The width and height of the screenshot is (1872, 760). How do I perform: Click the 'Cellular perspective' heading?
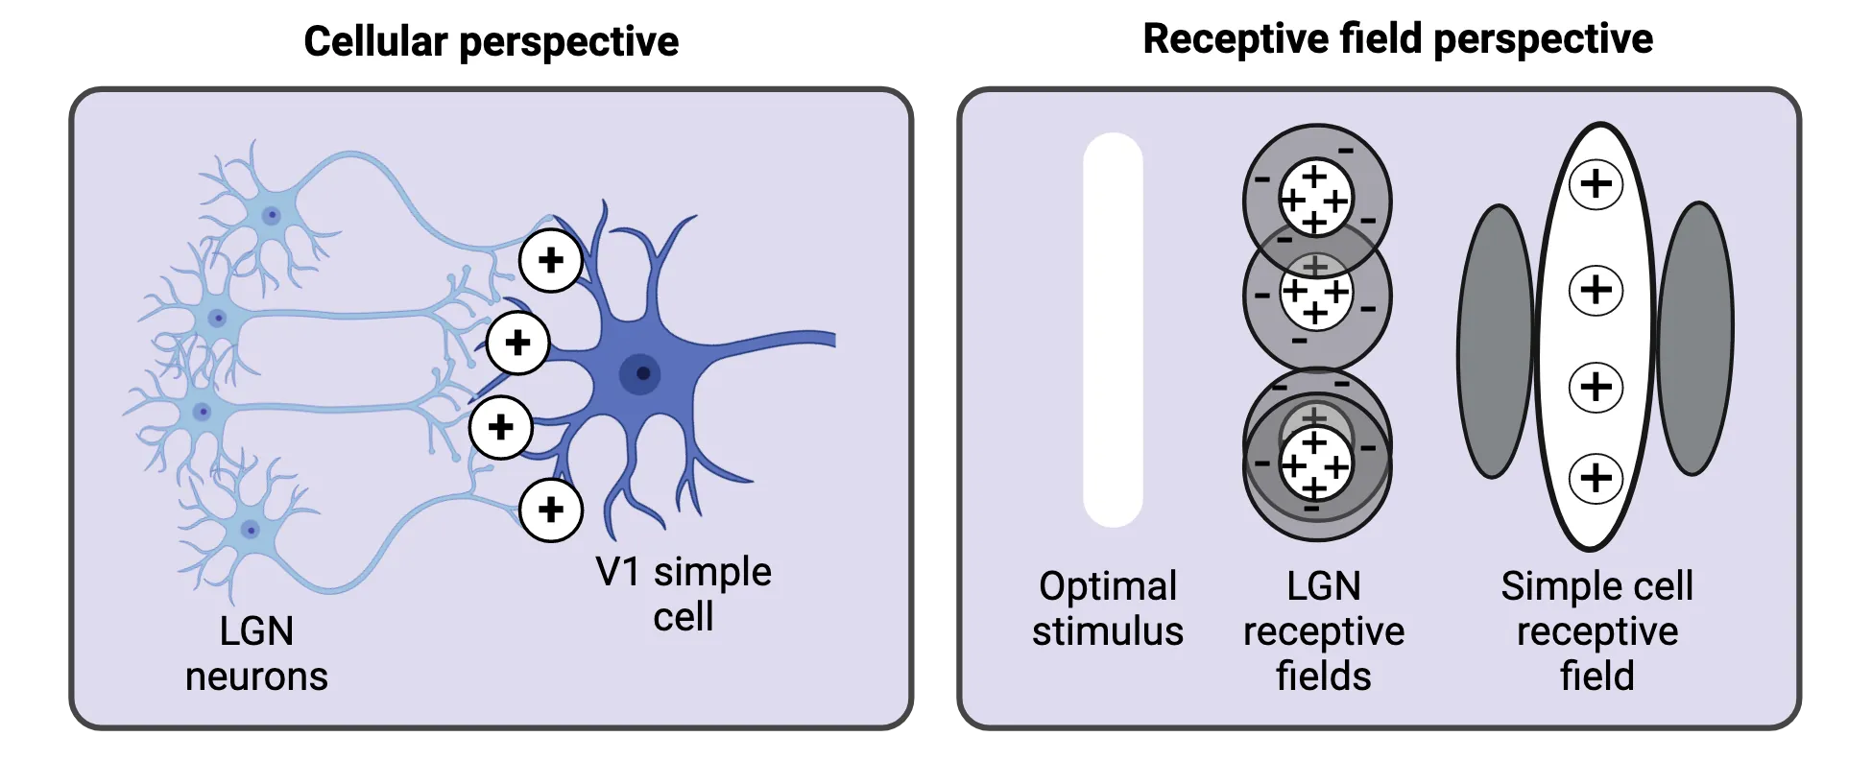click(x=491, y=41)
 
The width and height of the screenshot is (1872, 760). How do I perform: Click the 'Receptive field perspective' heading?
click(x=1398, y=39)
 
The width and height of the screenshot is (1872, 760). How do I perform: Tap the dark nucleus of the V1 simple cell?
click(x=641, y=373)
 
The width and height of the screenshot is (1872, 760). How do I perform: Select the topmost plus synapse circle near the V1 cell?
click(x=550, y=260)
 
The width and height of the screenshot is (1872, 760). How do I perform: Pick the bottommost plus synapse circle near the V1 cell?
click(x=550, y=510)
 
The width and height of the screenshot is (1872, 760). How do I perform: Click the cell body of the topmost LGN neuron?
click(x=272, y=215)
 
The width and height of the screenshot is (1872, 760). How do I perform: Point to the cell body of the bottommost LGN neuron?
click(x=251, y=529)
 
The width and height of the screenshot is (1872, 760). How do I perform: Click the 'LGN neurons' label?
click(x=256, y=653)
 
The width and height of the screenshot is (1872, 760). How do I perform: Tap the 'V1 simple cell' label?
click(x=683, y=594)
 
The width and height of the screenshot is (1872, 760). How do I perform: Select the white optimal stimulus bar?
click(x=1113, y=329)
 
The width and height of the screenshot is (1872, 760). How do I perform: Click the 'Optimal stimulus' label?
click(x=1108, y=608)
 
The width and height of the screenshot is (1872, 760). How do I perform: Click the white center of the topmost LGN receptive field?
click(x=1315, y=200)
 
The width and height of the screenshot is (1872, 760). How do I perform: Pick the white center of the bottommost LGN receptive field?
click(x=1315, y=465)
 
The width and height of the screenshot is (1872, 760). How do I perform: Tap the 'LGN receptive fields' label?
click(x=1323, y=630)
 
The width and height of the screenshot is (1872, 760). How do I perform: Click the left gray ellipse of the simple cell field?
click(x=1494, y=341)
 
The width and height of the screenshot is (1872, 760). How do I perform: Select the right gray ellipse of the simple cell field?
click(x=1694, y=338)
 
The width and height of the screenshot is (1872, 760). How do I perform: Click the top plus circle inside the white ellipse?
click(x=1596, y=184)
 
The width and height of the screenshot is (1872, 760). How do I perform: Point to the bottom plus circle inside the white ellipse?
click(x=1596, y=477)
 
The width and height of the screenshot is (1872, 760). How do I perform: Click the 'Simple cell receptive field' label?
click(x=1596, y=630)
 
